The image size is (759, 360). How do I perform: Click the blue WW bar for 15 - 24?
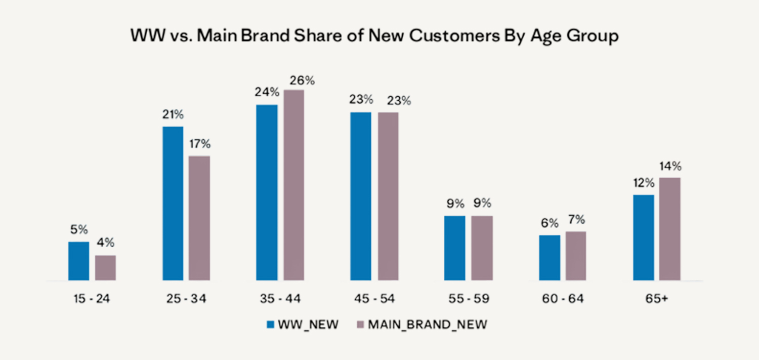point(78,261)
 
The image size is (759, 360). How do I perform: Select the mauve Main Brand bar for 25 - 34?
point(199,218)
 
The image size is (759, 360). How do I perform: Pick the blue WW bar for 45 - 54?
point(361,196)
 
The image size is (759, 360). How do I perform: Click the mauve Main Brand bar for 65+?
point(670,228)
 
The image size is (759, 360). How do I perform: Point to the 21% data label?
point(173,115)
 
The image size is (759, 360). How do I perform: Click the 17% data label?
point(199,144)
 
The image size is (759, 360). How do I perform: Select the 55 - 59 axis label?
point(468,299)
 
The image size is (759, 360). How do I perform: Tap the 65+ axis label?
point(657,299)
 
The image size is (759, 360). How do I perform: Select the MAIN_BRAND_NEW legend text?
point(428,325)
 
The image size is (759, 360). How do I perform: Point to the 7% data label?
point(576,220)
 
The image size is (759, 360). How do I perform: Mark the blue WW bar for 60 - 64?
point(550,257)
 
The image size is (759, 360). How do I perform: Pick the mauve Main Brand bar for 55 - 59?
point(482,248)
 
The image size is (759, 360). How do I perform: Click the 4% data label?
point(105,244)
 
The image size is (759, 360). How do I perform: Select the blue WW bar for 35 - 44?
point(267,192)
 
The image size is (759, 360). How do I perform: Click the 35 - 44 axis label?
point(280,299)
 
